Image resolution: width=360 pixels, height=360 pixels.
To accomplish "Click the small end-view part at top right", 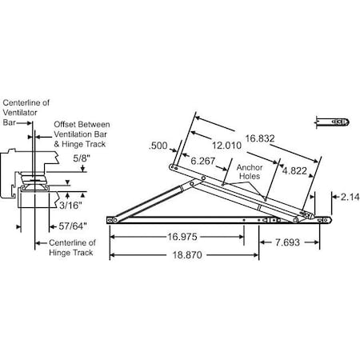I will point(331,122).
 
